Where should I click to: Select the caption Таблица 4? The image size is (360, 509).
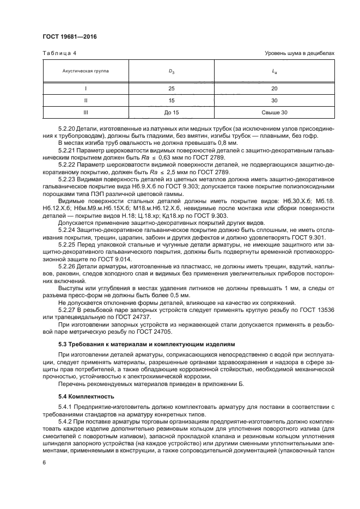tap(59, 53)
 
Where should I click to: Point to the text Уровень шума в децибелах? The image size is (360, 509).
tap(299, 53)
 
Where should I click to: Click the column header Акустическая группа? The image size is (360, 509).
tap(86, 70)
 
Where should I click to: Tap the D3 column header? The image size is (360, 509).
tap(172, 70)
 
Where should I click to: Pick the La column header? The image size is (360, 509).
tap(274, 70)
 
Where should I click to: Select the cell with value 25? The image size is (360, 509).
tap(172, 88)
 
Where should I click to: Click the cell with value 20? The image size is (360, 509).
tap(274, 88)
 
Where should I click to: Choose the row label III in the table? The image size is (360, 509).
tap(86, 113)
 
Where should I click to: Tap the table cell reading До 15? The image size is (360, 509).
tap(172, 113)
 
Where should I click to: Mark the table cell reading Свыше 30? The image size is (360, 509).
tap(274, 113)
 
